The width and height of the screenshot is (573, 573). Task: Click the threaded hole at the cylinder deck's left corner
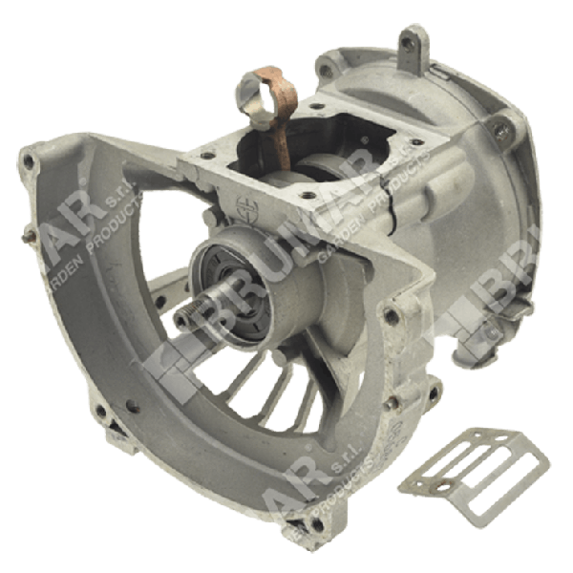(206, 152)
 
